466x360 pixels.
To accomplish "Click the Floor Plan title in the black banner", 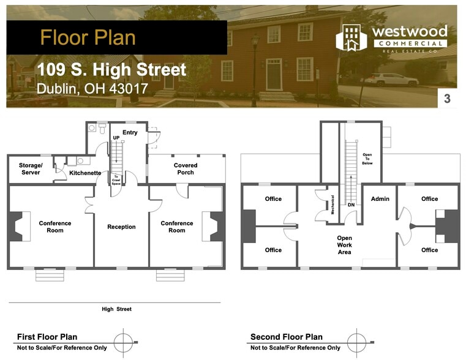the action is click(88, 37).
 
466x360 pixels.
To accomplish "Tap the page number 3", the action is click(447, 99).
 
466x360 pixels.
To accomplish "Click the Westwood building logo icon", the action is click(351, 38).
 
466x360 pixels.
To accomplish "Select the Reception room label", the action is click(121, 227).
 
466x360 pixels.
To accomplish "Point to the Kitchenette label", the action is click(85, 173).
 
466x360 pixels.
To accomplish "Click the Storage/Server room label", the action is click(31, 169).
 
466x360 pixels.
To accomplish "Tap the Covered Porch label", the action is click(186, 169).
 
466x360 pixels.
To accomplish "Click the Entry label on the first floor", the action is click(130, 132).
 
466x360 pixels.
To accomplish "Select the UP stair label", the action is click(116, 138).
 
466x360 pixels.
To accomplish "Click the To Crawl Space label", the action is click(116, 180).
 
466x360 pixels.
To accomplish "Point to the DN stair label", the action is click(351, 204).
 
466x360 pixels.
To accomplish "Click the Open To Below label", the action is click(367, 159).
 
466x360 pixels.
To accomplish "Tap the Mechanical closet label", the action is click(333, 204).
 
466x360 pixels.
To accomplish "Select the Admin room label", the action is click(380, 199).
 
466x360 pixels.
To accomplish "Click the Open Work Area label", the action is click(344, 245).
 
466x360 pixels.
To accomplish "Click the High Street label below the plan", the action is click(116, 309).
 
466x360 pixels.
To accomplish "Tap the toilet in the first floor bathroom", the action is click(102, 128).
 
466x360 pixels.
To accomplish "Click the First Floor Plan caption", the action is click(47, 337).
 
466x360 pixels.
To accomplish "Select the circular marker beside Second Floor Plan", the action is click(356, 342).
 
